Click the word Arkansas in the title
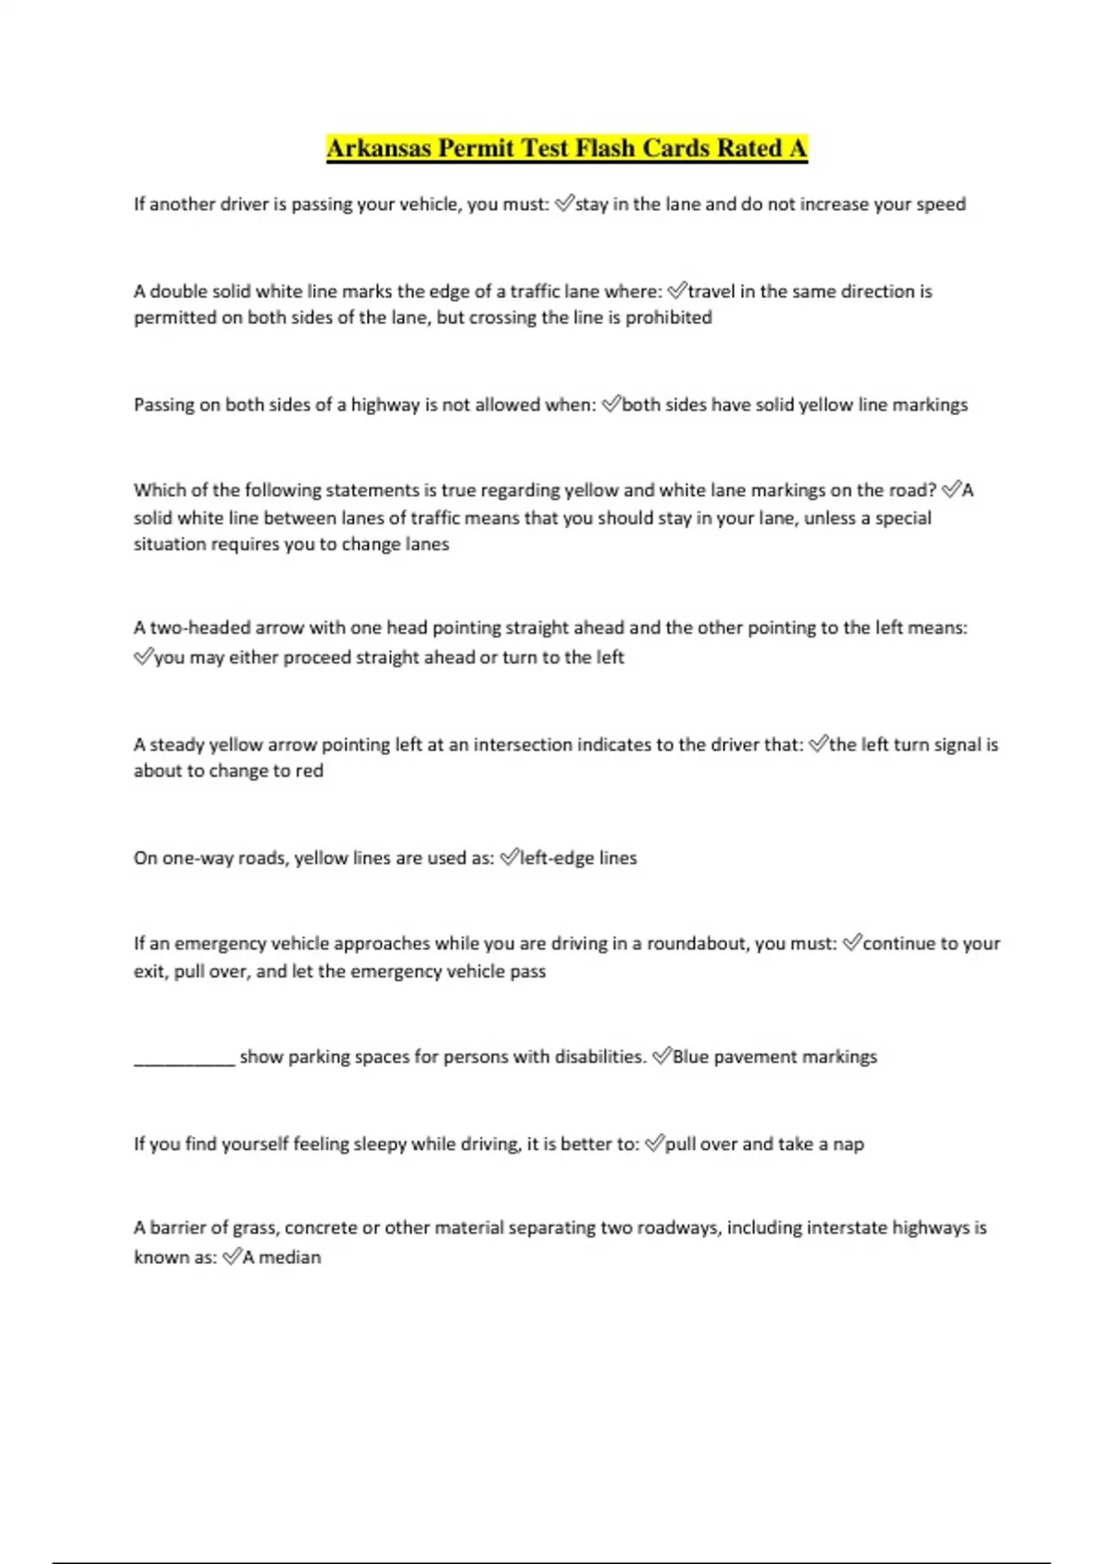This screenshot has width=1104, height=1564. [x=378, y=148]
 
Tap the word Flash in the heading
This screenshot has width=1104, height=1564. [x=605, y=148]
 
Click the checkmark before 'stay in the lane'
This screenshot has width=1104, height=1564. [x=564, y=203]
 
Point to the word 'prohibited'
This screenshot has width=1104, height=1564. [x=669, y=317]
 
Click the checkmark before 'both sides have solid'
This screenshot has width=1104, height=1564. [x=611, y=405]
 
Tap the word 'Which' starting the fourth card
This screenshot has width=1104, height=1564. [x=158, y=490]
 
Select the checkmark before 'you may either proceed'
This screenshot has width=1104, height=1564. [x=143, y=658]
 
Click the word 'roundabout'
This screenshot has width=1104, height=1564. [x=696, y=944]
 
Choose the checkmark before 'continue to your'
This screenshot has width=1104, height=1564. [x=852, y=943]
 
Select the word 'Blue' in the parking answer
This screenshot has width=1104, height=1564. [x=691, y=1057]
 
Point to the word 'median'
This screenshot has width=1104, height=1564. [x=290, y=1258]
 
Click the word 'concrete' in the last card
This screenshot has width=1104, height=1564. [x=320, y=1228]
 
